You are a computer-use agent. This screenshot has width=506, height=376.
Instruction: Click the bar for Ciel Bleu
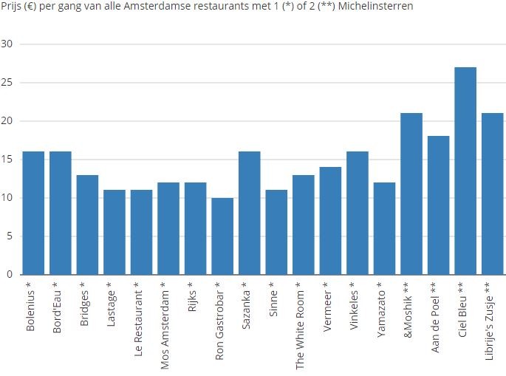point(465,171)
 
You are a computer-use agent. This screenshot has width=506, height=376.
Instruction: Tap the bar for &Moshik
point(411,194)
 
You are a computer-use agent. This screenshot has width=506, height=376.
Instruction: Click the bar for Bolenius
point(33,213)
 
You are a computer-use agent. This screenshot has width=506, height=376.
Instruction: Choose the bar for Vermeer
point(330,221)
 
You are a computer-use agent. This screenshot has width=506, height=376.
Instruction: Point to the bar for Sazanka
point(249,213)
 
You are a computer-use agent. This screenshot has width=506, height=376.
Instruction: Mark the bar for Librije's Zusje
point(492,194)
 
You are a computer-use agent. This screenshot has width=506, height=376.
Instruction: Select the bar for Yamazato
point(384,228)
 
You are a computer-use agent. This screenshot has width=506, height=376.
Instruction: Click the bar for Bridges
point(87,225)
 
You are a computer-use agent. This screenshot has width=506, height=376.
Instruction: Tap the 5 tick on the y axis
point(10,236)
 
